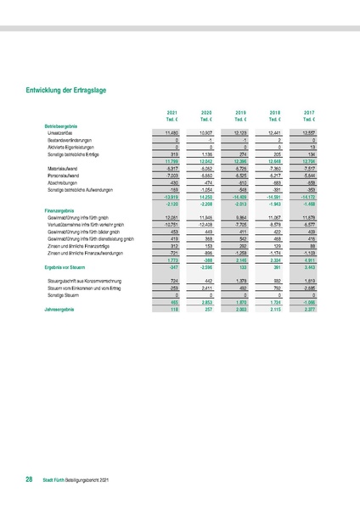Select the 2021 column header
(172, 112)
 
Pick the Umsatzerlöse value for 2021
(171, 133)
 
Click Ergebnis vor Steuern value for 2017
(310, 266)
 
